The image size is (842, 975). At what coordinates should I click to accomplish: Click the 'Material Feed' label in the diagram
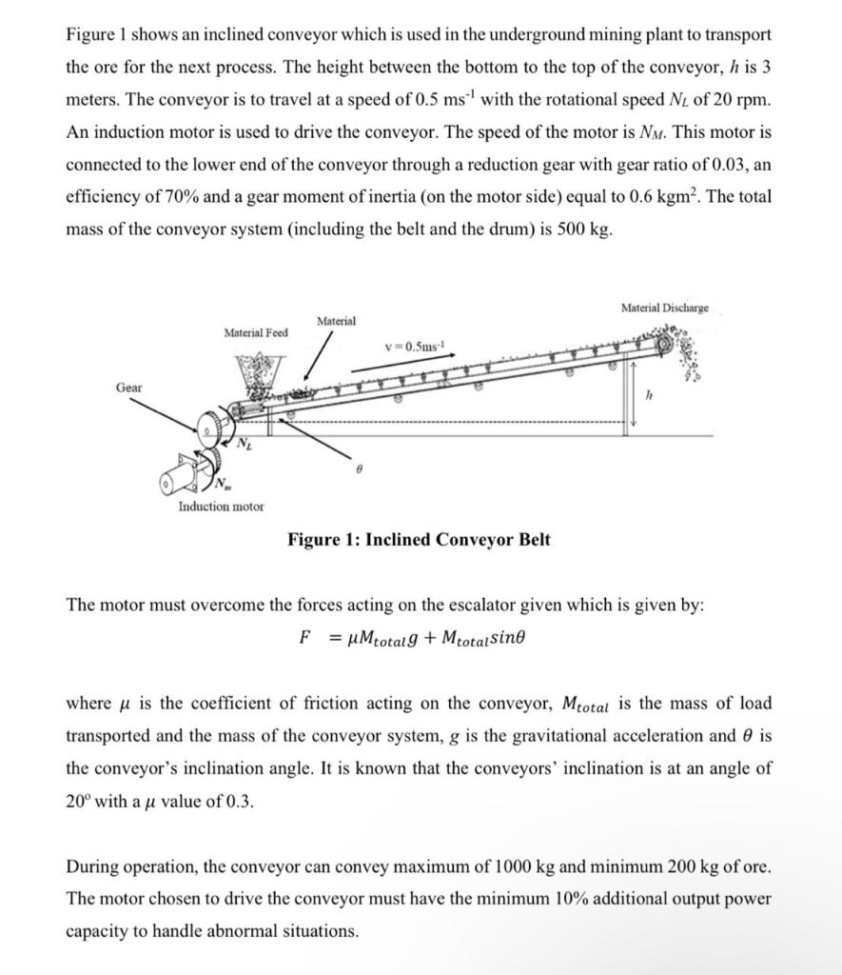[x=255, y=332]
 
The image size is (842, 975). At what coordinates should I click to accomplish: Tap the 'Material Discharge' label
[x=664, y=308]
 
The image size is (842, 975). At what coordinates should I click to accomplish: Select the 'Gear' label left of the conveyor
[x=129, y=388]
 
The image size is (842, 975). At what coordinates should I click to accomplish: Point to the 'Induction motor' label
[x=222, y=507]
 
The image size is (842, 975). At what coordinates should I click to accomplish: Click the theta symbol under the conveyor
[x=332, y=470]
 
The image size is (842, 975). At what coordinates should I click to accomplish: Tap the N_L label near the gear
[x=245, y=444]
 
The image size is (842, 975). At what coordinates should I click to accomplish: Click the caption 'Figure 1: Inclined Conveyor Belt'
[x=419, y=540]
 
